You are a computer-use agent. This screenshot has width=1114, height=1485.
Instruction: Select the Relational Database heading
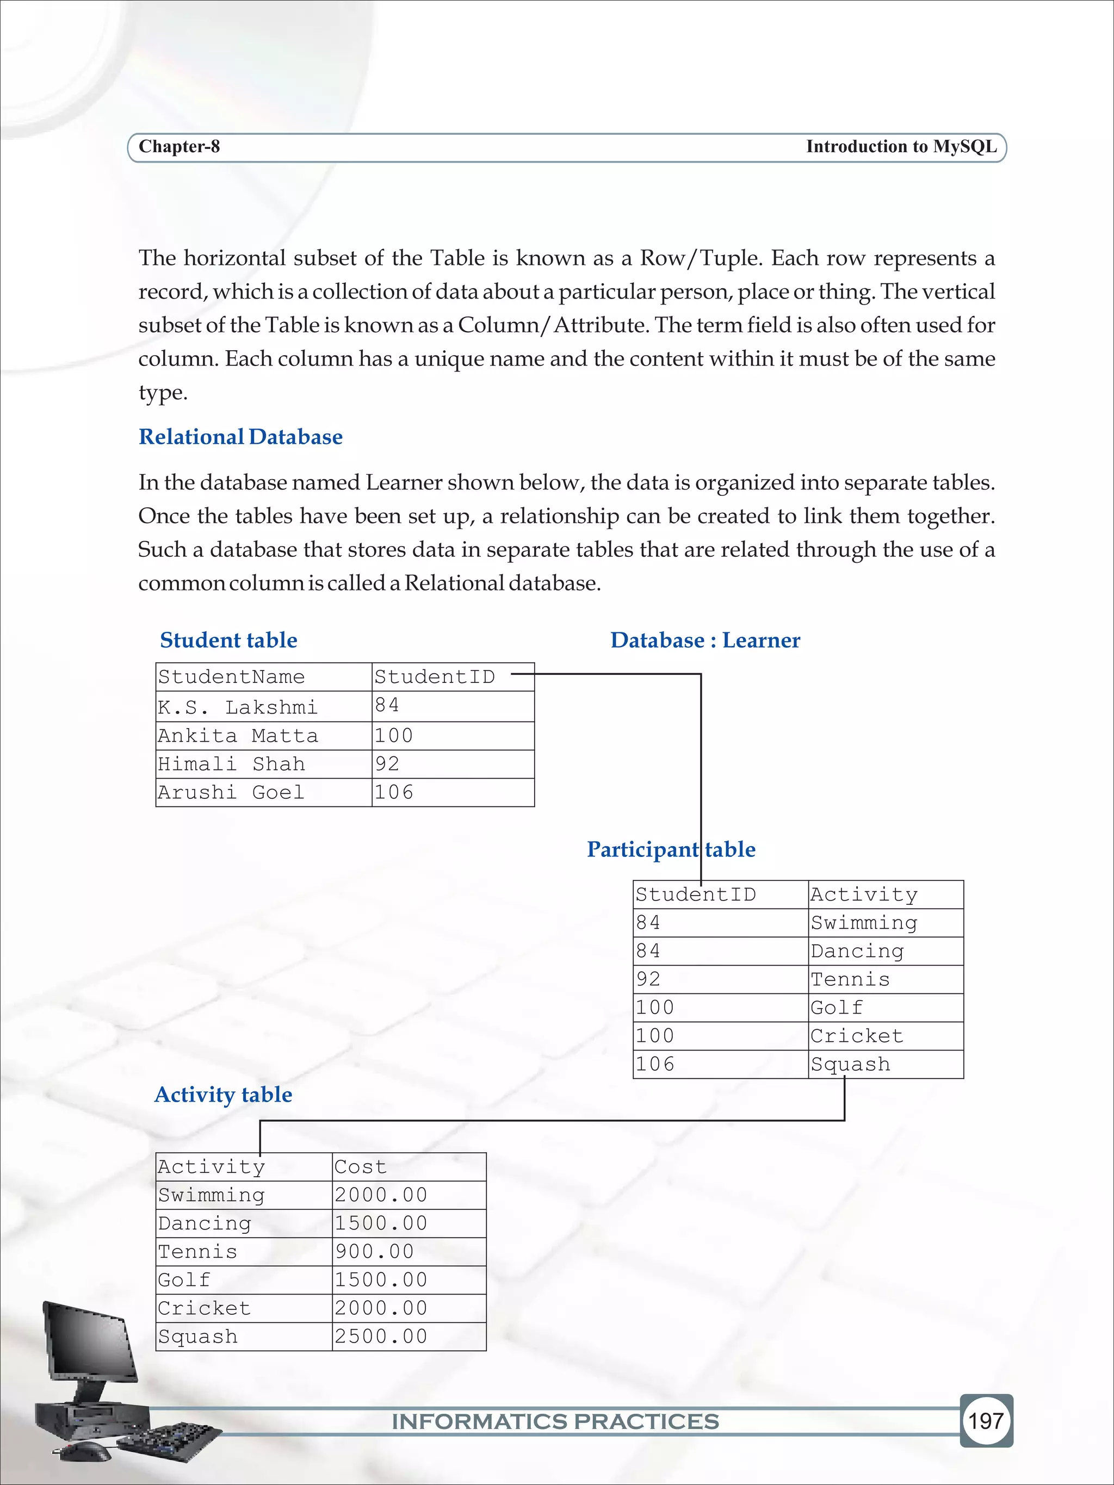(240, 437)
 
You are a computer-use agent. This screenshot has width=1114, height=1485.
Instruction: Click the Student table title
(228, 640)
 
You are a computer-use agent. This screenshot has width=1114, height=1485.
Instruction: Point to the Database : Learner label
(704, 640)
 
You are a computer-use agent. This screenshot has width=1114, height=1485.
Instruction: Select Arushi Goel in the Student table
(231, 792)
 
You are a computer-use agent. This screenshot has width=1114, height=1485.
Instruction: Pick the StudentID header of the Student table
(435, 677)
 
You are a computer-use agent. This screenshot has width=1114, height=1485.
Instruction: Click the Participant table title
(670, 849)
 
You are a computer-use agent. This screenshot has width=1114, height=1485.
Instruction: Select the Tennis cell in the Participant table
(850, 979)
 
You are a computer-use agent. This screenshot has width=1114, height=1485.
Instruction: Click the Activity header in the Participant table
(864, 895)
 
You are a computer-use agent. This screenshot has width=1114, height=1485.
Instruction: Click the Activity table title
(223, 1094)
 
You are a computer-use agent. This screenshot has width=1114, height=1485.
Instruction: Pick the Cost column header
(361, 1167)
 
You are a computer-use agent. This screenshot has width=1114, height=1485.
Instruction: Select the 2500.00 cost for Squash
(381, 1336)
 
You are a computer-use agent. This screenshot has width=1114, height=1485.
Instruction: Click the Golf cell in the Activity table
(184, 1279)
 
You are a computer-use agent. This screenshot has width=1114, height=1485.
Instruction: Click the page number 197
(985, 1421)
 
